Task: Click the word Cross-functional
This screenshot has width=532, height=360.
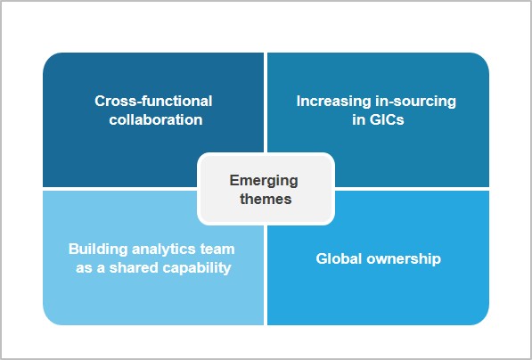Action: [x=153, y=101]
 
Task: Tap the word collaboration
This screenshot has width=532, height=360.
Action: [x=156, y=119]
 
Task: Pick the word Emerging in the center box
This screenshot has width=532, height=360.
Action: [x=264, y=181]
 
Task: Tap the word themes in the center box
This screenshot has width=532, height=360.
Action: [x=266, y=199]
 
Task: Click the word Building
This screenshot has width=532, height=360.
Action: [x=98, y=250]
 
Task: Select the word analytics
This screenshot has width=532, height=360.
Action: [x=164, y=250]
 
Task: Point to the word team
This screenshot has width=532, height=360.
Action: [x=217, y=250]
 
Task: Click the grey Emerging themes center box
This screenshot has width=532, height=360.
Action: [x=266, y=189]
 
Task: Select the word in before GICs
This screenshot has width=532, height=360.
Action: [x=358, y=119]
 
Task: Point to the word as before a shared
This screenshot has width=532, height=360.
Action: [x=84, y=268]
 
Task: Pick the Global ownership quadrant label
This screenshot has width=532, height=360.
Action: [x=379, y=259]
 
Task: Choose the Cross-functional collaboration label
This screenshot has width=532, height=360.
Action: [x=153, y=110]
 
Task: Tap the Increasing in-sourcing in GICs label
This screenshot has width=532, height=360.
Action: [x=377, y=110]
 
